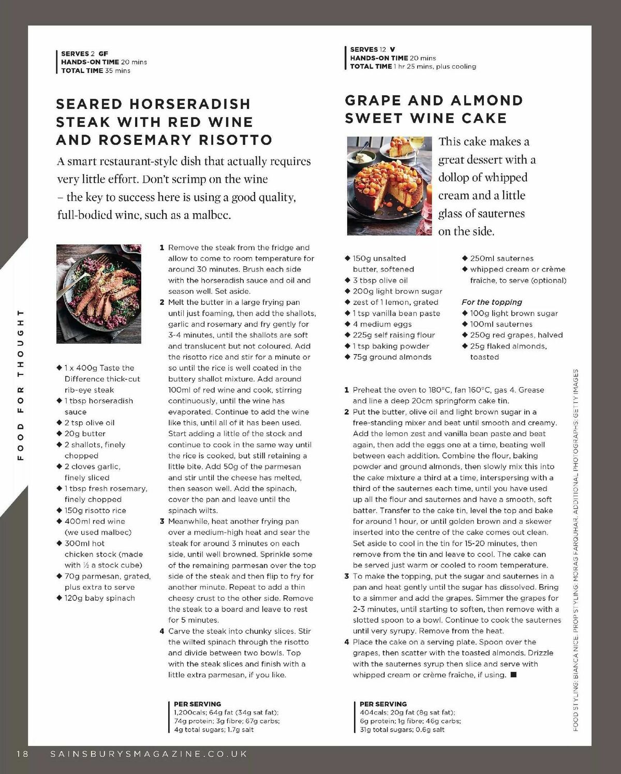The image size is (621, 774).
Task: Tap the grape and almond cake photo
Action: pyautogui.click(x=389, y=185)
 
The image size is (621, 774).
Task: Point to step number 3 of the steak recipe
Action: pyautogui.click(x=162, y=521)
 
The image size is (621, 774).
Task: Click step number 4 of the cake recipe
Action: pyautogui.click(x=347, y=642)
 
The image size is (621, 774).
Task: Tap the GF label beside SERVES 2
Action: pyautogui.click(x=103, y=53)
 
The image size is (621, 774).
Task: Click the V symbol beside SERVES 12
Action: pyautogui.click(x=392, y=50)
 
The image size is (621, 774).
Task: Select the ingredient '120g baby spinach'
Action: pyautogui.click(x=99, y=598)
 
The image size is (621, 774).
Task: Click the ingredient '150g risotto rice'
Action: pyautogui.click(x=95, y=510)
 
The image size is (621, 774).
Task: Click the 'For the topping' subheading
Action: pyautogui.click(x=492, y=302)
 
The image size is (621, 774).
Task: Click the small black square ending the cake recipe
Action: pyautogui.click(x=513, y=675)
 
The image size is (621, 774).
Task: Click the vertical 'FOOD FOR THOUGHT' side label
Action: pyautogui.click(x=21, y=385)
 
